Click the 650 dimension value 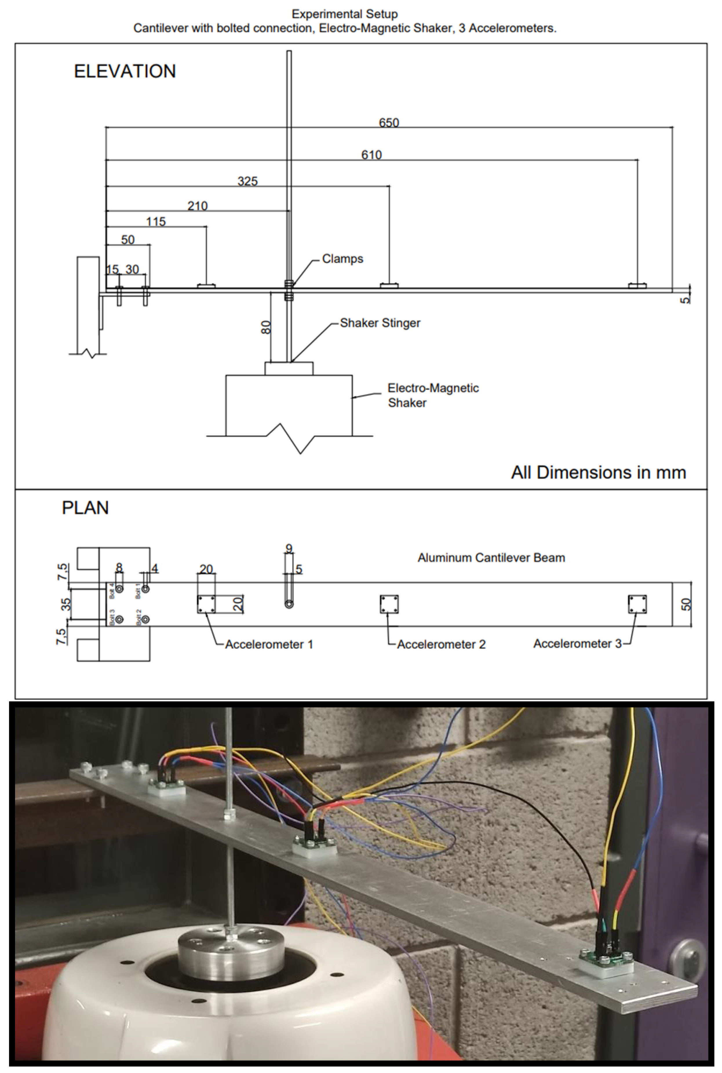tap(389, 123)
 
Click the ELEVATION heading tap(125, 71)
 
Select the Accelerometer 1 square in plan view tap(206, 604)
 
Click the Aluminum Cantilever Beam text tap(491, 557)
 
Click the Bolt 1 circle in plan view tap(145, 589)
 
